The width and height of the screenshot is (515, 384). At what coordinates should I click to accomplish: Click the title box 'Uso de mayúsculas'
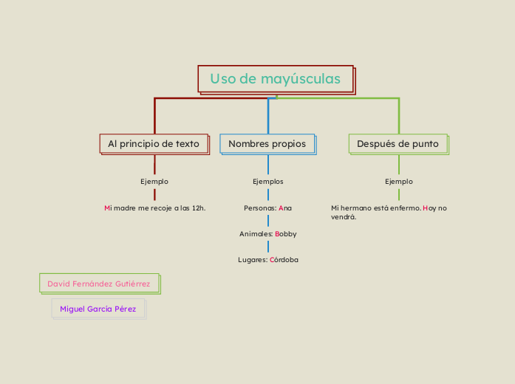click(x=275, y=78)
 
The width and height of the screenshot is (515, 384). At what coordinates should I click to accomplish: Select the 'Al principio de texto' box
click(x=154, y=143)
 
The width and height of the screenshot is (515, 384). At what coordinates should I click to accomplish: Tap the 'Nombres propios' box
click(x=267, y=143)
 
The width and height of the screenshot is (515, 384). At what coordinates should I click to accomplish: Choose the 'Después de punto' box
click(x=398, y=143)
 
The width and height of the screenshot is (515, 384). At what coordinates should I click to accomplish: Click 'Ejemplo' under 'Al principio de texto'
click(x=154, y=181)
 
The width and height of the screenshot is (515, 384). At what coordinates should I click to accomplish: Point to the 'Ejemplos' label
click(x=267, y=181)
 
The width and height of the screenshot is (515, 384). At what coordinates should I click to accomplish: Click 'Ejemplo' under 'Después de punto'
click(x=399, y=181)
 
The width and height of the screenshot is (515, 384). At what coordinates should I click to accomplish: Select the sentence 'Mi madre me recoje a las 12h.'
click(x=155, y=208)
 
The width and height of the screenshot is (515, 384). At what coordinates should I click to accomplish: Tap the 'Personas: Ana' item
click(x=267, y=208)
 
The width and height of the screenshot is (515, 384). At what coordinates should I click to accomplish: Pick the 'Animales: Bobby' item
click(x=267, y=233)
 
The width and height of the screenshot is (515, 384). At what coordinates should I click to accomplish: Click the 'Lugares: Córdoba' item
click(x=267, y=259)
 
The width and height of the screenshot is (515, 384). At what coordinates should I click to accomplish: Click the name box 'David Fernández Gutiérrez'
click(x=99, y=284)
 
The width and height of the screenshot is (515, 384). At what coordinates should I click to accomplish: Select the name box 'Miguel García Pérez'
click(x=98, y=309)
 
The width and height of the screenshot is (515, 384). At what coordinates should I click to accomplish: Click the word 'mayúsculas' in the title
click(x=304, y=78)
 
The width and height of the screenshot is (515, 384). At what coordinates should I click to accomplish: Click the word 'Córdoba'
click(x=284, y=259)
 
